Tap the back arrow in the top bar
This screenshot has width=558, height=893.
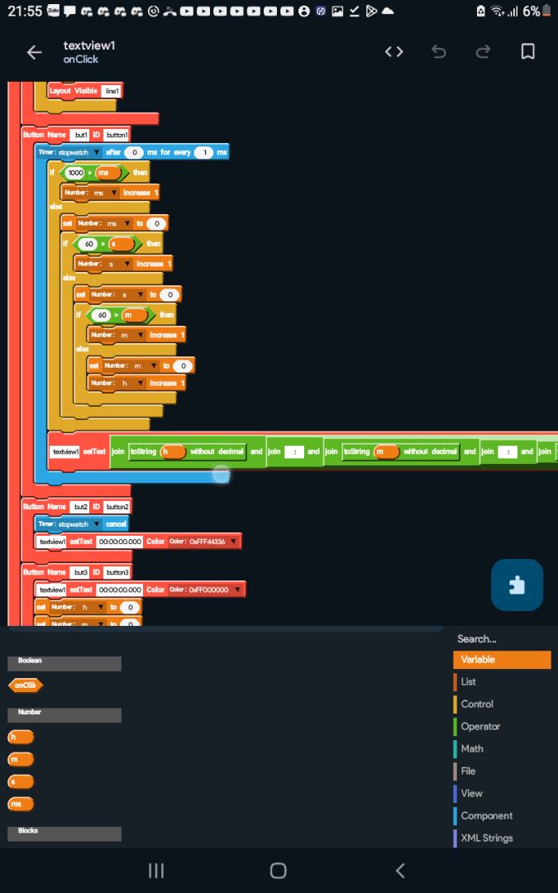(x=34, y=52)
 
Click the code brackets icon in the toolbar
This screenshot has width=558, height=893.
(x=394, y=52)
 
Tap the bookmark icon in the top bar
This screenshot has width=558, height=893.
(x=527, y=52)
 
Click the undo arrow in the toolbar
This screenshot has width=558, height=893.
(x=439, y=52)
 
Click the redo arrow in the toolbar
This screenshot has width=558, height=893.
(x=484, y=52)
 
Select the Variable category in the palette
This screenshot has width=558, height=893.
(x=502, y=660)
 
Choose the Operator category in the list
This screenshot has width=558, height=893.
(x=480, y=726)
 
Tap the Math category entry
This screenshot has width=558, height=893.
(x=472, y=748)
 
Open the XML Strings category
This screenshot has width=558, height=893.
(x=486, y=838)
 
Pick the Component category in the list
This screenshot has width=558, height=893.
(x=486, y=815)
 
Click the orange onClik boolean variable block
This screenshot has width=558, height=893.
(x=26, y=685)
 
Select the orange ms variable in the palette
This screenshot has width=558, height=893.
(x=20, y=804)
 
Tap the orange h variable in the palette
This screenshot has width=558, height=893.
(x=20, y=737)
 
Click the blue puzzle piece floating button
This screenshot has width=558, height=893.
(x=517, y=585)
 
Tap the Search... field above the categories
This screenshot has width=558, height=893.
(x=477, y=638)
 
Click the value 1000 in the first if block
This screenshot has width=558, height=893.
(x=75, y=173)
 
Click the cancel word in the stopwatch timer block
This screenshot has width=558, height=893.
(x=117, y=524)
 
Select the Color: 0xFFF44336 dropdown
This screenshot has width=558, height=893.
(x=204, y=542)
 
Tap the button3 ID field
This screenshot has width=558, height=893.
(x=117, y=572)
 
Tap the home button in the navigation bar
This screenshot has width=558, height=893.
(x=279, y=870)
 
